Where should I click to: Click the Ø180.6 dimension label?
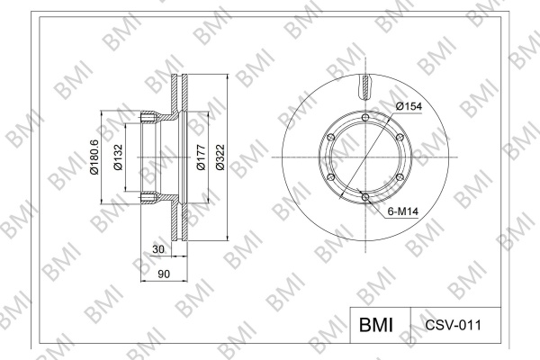coord(94,157)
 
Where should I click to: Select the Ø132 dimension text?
coord(118,157)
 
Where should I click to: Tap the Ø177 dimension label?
coord(201,157)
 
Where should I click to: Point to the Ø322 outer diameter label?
coord(220,157)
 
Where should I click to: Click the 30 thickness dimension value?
coord(158,249)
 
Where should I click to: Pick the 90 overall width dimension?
coord(164,274)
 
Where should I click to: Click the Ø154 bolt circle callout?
coord(409,106)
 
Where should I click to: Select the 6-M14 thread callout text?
coord(403,211)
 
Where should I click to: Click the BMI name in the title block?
coord(376,325)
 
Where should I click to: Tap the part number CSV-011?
coord(454,325)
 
